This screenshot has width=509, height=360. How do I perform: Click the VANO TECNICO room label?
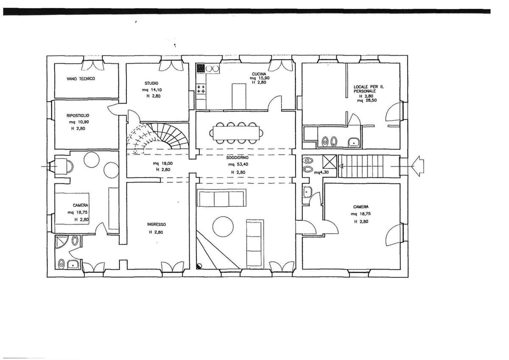point(81,79)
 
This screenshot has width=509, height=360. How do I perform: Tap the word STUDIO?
point(151,83)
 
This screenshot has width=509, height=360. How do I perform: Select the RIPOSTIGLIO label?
point(78,115)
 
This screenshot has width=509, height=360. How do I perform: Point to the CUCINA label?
point(259,74)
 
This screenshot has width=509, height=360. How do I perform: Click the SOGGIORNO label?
point(237,157)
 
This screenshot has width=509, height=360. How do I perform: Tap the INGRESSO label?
point(157,224)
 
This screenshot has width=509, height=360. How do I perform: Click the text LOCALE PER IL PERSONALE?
point(369,89)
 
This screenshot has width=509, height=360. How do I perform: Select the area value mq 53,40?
point(238,164)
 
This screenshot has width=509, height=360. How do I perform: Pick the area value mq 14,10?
point(152,90)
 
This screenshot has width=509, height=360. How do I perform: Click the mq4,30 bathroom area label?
point(322,172)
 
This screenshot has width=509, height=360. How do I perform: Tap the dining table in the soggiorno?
point(236,133)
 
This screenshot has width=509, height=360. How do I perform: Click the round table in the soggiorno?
point(223,227)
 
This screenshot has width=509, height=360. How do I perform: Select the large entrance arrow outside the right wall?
point(418,166)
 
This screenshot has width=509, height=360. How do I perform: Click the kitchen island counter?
point(239,97)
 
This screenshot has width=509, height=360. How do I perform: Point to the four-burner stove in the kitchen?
point(201,89)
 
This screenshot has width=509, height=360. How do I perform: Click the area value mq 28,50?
point(367,100)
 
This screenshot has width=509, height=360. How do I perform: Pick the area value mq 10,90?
point(79,122)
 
